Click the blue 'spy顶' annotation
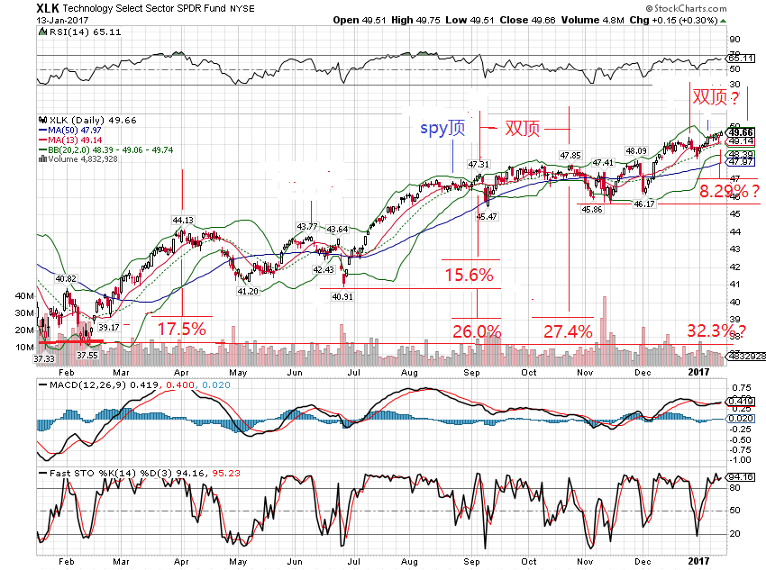click(443, 128)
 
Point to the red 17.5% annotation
click(182, 329)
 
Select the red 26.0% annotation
click(477, 331)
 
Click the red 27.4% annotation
click(568, 331)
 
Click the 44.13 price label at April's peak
click(183, 219)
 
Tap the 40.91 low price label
click(342, 295)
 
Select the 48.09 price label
click(636, 150)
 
